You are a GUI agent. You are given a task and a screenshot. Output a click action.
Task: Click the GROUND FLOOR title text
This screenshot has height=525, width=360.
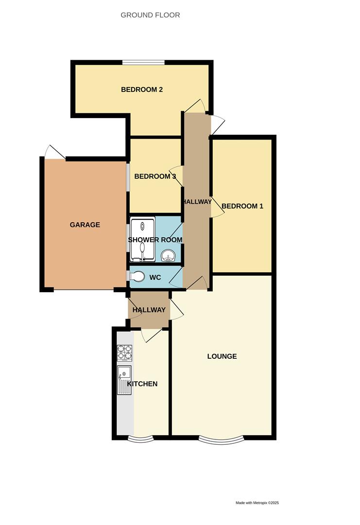[x=150, y=15]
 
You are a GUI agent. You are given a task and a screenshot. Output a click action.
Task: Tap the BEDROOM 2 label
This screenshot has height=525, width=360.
[x=141, y=89]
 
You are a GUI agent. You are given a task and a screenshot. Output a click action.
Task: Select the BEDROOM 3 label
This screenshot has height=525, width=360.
[x=155, y=176]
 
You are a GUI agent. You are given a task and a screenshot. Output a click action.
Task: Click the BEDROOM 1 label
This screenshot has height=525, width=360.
[x=242, y=206]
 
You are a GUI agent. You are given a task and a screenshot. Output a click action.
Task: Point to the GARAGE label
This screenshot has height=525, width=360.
[x=85, y=225]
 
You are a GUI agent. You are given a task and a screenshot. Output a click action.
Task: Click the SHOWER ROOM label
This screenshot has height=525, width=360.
[x=155, y=240]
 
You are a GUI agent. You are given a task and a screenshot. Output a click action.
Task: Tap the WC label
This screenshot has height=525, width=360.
[x=155, y=278]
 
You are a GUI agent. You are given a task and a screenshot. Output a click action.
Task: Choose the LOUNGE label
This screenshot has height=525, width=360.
[x=222, y=356]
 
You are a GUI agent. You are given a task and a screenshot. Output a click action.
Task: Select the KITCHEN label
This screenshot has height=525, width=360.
[x=142, y=384]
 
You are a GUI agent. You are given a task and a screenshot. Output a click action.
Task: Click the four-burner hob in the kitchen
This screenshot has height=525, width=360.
[x=125, y=352]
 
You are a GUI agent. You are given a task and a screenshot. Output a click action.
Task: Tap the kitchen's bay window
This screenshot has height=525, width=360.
[x=140, y=439]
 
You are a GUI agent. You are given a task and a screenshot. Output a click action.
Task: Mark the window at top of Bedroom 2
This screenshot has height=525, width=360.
[x=143, y=62]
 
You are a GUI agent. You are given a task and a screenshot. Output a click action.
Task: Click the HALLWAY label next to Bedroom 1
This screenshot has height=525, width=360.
[x=197, y=202]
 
